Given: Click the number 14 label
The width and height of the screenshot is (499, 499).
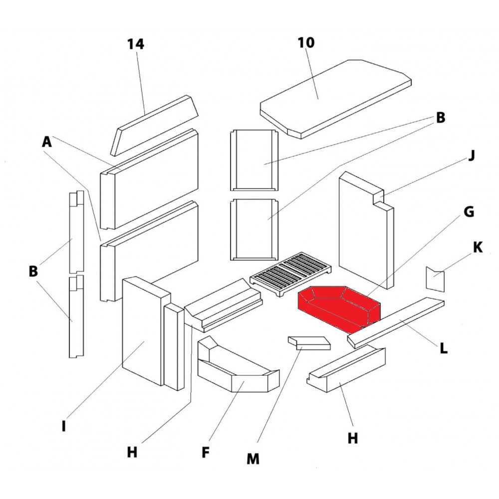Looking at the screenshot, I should pos(135,44).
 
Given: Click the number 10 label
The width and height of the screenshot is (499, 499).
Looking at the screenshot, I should pos(306,42).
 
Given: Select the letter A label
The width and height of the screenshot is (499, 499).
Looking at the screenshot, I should pos(47,142).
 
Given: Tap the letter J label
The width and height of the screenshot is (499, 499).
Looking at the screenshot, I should pos(471,156).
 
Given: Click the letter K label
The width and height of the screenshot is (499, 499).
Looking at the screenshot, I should pos(478,247).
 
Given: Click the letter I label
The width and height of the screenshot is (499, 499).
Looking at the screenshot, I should pos(63,427).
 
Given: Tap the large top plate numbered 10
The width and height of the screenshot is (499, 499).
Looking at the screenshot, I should pos(334,97).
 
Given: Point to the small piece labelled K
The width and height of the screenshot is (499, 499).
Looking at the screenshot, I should pos(434,279).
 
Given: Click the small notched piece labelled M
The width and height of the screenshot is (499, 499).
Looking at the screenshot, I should pos(309,343).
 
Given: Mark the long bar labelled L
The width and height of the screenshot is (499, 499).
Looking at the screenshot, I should pos(397,322).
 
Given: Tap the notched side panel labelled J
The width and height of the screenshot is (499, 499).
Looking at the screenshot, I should pos(364,230).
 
